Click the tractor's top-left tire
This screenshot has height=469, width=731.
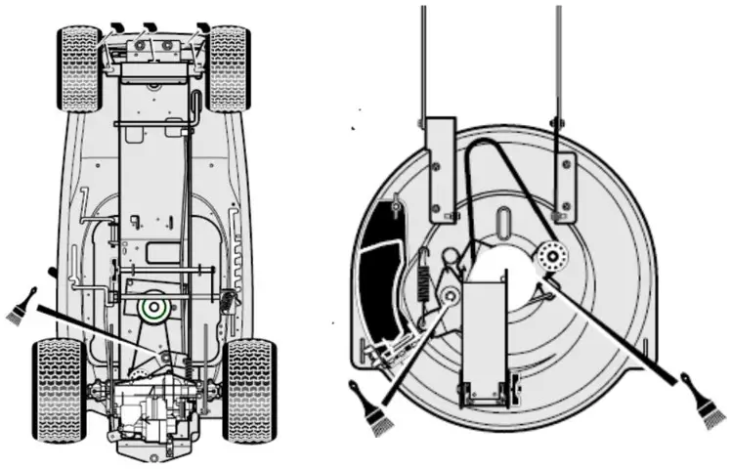[x=78, y=68]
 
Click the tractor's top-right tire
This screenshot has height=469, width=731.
[x=228, y=68]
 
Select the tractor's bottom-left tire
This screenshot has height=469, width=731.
[x=59, y=389]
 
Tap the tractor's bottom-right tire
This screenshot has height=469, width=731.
[x=249, y=389]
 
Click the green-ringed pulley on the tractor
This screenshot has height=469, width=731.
[x=152, y=309]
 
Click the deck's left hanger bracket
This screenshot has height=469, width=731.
[x=440, y=166]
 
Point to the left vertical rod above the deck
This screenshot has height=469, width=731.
[x=423, y=59]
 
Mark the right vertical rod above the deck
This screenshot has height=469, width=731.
[x=557, y=59]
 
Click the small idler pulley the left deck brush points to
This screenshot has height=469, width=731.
[x=451, y=294]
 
